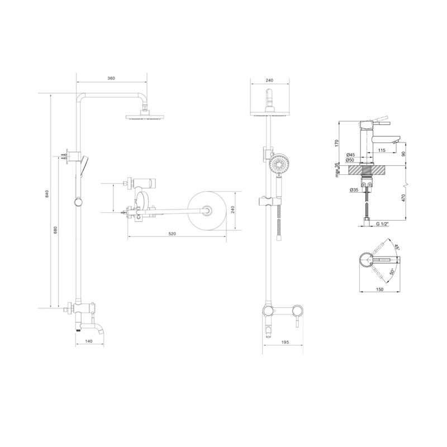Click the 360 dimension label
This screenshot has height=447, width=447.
click(111, 78)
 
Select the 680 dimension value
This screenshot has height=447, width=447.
click(55, 230)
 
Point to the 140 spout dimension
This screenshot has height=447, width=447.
click(89, 341)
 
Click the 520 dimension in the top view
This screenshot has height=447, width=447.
click(172, 234)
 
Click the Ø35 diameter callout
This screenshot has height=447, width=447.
click(354, 189)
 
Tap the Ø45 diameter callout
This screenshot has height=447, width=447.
click(350, 155)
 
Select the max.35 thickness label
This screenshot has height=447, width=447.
click(337, 170)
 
